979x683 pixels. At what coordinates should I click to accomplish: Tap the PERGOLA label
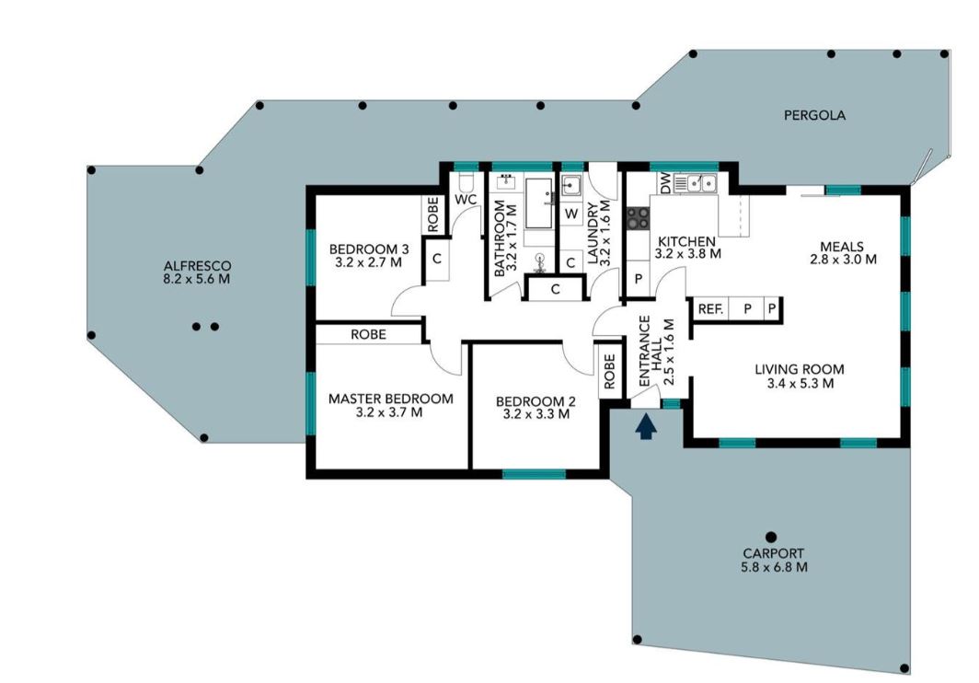(x=813, y=116)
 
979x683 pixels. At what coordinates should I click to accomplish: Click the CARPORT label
(x=773, y=553)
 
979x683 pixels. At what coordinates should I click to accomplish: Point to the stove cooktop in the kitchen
(x=637, y=218)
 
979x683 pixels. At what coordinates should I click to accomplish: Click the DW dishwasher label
(x=664, y=184)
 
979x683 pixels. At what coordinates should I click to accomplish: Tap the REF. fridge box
(x=709, y=309)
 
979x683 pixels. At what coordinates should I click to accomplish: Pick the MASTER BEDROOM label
(x=390, y=399)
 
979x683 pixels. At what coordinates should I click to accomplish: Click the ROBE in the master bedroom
(x=368, y=335)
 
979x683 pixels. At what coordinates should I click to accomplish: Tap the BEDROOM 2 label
(x=535, y=401)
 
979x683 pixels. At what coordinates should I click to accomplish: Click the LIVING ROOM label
(x=799, y=370)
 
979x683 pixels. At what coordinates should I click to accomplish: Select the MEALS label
(x=841, y=246)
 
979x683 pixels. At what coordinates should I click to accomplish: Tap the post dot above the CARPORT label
(x=771, y=536)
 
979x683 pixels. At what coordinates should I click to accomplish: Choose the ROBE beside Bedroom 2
(x=608, y=370)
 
